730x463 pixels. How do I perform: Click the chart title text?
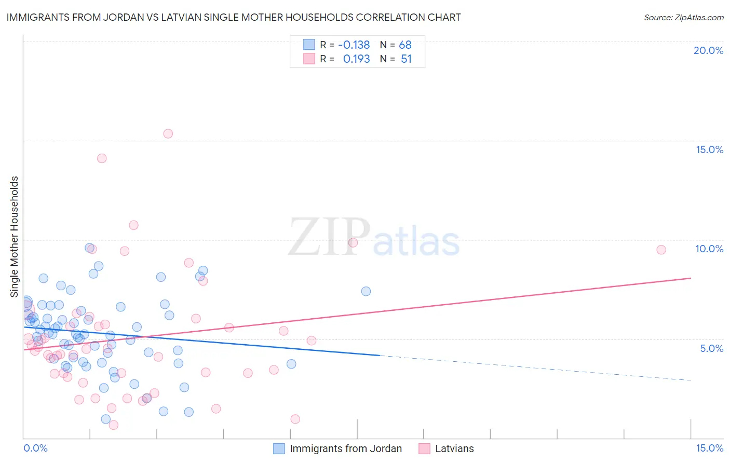(x=233, y=17)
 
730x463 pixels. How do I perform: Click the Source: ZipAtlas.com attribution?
(x=683, y=17)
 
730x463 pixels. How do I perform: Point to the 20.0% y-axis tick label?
(x=708, y=50)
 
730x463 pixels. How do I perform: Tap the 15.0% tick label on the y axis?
(x=709, y=149)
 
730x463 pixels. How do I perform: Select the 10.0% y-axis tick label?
(x=709, y=249)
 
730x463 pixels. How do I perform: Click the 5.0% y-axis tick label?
(x=711, y=348)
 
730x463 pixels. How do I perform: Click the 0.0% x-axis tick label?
(x=35, y=448)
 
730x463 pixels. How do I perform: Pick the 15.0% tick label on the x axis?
(x=709, y=448)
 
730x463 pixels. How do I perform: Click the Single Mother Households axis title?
(x=14, y=237)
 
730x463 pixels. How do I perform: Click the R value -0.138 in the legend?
(x=354, y=45)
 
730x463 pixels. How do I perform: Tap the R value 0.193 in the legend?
(x=356, y=59)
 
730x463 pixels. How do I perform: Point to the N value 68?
(x=405, y=45)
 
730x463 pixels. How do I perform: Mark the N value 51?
(x=406, y=59)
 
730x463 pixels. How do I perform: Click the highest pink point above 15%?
(x=168, y=133)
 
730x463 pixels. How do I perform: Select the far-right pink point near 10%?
(x=661, y=250)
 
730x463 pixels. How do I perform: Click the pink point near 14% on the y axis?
(x=102, y=158)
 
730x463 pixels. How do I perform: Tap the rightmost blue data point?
(x=366, y=291)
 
